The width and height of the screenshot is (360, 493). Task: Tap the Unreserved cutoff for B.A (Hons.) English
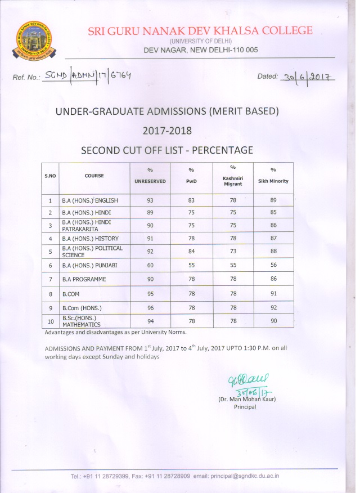click(150, 200)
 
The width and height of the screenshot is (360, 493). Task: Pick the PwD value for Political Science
click(191, 252)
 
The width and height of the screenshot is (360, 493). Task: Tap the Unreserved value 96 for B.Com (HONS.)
click(150, 308)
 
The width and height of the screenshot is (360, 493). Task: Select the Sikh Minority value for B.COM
click(273, 293)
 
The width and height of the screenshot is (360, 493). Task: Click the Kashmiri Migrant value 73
click(232, 252)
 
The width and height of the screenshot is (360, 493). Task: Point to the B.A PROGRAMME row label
click(84, 279)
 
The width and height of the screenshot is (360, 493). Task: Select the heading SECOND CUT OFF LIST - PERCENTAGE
click(167, 150)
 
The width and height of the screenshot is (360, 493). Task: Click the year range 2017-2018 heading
click(167, 131)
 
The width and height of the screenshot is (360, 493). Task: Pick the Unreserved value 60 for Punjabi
click(150, 265)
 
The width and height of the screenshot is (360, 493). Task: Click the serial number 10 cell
click(50, 321)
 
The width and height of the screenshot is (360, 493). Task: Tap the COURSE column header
click(94, 176)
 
